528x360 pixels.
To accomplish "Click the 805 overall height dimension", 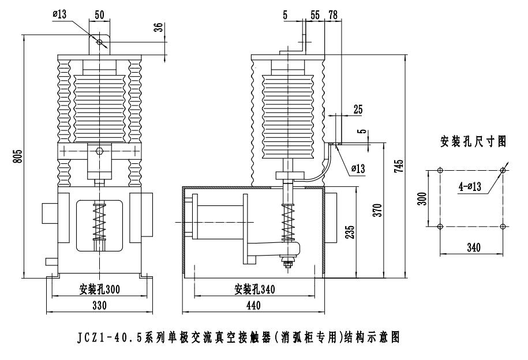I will pyautogui.click(x=18, y=156).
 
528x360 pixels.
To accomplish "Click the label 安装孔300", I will pyautogui.click(x=99, y=289).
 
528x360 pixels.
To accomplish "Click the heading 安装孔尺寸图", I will pyautogui.click(x=474, y=140).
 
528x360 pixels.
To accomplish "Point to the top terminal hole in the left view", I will pyautogui.click(x=99, y=42).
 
